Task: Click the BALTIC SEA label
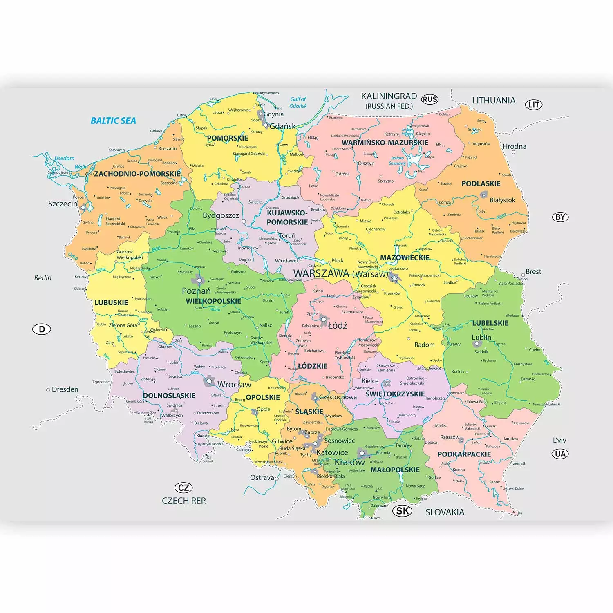click(x=113, y=121)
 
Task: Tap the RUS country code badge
click(x=430, y=99)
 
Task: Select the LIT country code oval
click(x=534, y=105)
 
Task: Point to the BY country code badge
click(x=560, y=217)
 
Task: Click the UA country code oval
click(x=560, y=454)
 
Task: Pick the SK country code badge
click(x=402, y=511)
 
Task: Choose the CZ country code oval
click(x=183, y=488)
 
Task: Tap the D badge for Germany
click(x=42, y=329)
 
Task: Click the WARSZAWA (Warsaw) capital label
click(x=341, y=273)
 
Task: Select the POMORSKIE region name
click(x=228, y=138)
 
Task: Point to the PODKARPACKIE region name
click(x=464, y=454)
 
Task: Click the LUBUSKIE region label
click(x=111, y=303)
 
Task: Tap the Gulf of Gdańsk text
click(x=298, y=103)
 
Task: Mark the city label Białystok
click(x=502, y=200)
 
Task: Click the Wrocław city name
click(x=234, y=385)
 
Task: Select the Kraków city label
click(x=349, y=463)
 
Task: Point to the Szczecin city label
click(x=63, y=204)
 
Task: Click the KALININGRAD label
click(x=389, y=96)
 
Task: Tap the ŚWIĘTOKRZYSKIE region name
click(x=395, y=394)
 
